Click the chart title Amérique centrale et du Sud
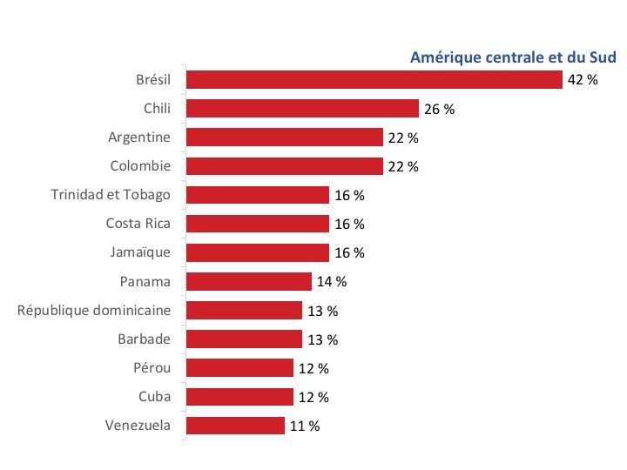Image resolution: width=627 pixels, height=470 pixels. [x=513, y=58]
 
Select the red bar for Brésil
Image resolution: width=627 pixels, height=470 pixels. [x=374, y=80]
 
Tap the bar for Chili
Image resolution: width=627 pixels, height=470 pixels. [x=303, y=109]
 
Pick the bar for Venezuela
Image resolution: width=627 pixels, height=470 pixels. [x=236, y=426]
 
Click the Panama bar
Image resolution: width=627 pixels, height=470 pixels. [x=249, y=281]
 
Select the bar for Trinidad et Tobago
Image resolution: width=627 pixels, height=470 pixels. [x=258, y=195]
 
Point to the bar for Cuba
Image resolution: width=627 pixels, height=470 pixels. [x=240, y=397]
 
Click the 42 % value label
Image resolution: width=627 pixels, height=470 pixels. [x=583, y=80]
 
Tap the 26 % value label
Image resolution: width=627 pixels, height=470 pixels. [x=440, y=109]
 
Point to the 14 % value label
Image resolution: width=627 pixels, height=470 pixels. [x=332, y=281]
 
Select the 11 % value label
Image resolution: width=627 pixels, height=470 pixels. [x=305, y=426]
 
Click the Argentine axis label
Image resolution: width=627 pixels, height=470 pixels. [x=139, y=138]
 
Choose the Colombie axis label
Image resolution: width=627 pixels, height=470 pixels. [x=140, y=166]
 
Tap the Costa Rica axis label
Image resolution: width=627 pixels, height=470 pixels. [x=138, y=224]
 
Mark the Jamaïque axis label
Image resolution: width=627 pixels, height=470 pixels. [x=140, y=252]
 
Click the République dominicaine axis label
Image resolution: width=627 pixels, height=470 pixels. [x=94, y=310]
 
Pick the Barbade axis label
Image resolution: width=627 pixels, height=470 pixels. [x=144, y=339]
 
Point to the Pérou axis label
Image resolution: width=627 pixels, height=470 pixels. [x=152, y=367]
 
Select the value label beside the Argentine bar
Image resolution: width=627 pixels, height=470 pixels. [x=404, y=138]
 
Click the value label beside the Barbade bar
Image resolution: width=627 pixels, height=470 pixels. [x=322, y=339]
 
